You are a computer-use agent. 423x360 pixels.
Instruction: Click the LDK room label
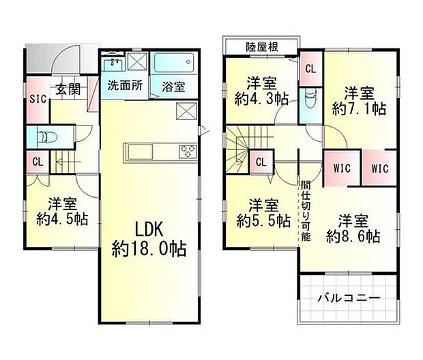click(149, 228)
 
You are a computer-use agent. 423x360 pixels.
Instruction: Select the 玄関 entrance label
click(68, 89)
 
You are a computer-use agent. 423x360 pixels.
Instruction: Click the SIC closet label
click(38, 99)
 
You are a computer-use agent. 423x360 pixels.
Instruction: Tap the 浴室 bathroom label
click(173, 87)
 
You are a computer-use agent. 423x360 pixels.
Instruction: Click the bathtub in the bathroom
click(174, 65)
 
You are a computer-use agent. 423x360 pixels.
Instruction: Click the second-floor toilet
click(311, 100)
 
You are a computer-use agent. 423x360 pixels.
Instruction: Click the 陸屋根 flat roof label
click(262, 46)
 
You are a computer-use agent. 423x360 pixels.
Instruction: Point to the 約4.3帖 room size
click(261, 98)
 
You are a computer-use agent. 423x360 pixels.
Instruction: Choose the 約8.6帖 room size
click(353, 236)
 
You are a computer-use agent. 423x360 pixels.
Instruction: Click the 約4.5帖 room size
click(61, 219)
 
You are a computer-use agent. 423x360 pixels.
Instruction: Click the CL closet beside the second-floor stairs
click(261, 162)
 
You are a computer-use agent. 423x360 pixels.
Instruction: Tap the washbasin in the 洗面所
click(113, 65)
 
